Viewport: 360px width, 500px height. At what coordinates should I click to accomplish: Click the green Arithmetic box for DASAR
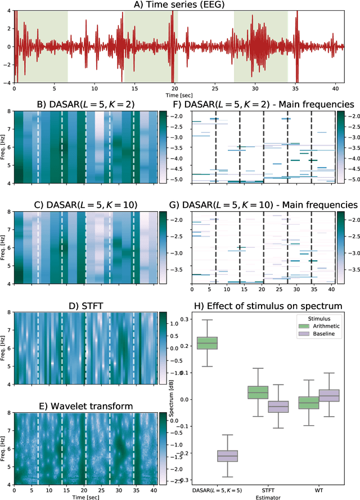click(207, 343)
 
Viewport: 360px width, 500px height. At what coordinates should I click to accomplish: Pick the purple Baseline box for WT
click(329, 395)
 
